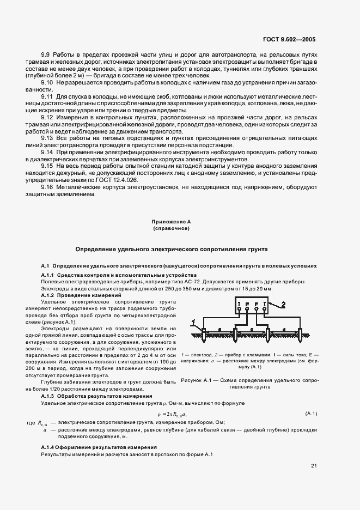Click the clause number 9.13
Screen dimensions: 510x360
tap(47, 138)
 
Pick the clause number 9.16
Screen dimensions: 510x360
tap(47, 187)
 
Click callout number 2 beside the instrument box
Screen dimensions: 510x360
tap(283, 304)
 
